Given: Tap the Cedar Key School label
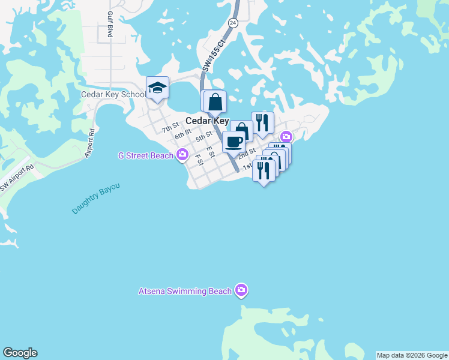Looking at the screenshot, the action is tap(113, 95).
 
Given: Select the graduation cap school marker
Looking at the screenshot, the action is tap(157, 88).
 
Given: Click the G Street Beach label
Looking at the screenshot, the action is tap(146, 156).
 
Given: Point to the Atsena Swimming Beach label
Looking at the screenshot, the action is tap(185, 292).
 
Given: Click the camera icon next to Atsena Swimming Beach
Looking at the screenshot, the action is tap(241, 291).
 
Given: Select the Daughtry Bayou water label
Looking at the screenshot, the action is tap(96, 199).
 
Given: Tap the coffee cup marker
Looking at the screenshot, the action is tap(234, 142).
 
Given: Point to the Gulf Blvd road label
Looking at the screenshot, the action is tap(110, 25).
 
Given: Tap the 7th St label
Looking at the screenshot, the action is tap(170, 127).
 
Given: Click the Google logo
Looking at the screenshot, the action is tap(20, 353).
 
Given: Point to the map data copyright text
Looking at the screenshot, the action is tap(412, 355).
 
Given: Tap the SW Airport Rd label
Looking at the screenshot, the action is tap(15, 179).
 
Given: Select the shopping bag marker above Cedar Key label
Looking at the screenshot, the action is tap(214, 101).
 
